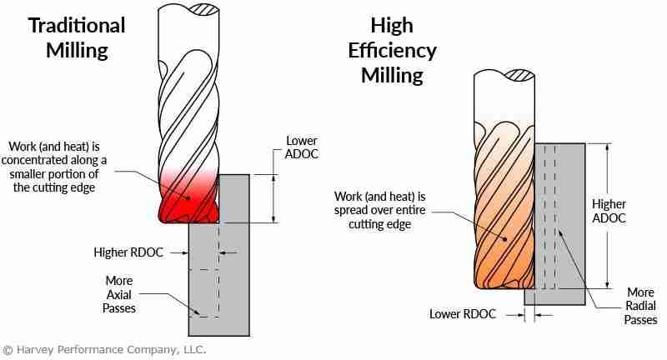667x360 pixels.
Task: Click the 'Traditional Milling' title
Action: tap(77, 37)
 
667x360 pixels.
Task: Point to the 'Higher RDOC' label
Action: tap(129, 251)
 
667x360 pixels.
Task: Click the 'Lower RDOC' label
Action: tap(464, 314)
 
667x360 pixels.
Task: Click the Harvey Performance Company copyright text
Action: tap(103, 349)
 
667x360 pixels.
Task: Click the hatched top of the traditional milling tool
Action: tap(204, 10)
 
